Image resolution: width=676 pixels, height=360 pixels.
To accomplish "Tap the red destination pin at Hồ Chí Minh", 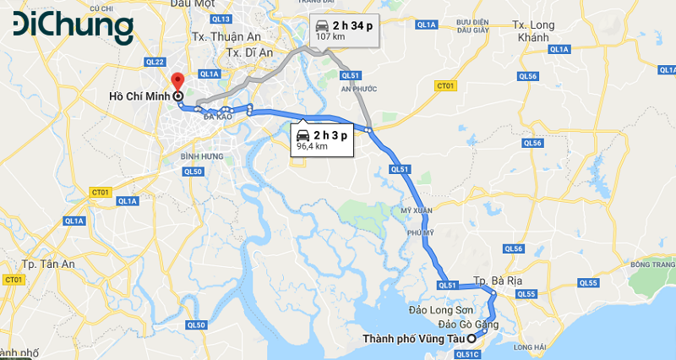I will pyautogui.click(x=177, y=82).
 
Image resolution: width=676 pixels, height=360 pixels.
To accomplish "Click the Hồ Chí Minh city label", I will pyautogui.click(x=139, y=96).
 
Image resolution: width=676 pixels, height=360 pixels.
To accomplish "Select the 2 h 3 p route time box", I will pyautogui.click(x=321, y=139).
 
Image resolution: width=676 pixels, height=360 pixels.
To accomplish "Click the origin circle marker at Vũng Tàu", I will pyautogui.click(x=472, y=339).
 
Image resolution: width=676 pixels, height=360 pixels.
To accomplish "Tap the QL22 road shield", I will pyautogui.click(x=155, y=62).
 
